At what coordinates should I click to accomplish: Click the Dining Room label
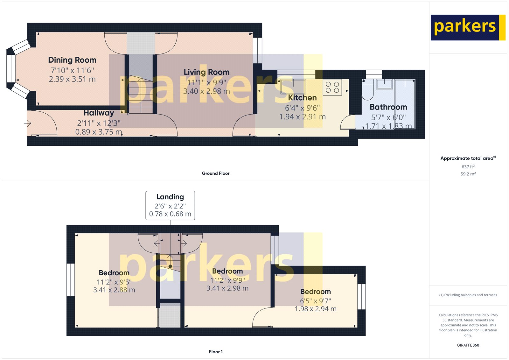72,60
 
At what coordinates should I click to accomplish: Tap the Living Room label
206,72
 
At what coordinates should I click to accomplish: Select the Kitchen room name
302,98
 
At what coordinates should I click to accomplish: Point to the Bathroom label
388,107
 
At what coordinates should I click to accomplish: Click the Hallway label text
99,113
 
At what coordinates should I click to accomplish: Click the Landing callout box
170,205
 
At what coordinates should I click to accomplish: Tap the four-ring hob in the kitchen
332,87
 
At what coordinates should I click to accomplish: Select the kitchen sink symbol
293,87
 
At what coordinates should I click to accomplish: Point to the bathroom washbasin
384,84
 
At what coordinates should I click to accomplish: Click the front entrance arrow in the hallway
28,123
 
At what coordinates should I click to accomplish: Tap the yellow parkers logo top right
468,27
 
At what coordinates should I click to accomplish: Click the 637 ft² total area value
468,167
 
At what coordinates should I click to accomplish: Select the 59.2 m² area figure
468,174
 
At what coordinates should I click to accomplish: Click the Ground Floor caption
215,173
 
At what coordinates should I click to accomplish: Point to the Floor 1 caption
216,352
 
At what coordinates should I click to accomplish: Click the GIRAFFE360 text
468,345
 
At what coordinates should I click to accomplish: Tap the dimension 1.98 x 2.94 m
315,309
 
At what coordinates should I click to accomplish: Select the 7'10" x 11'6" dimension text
72,70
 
